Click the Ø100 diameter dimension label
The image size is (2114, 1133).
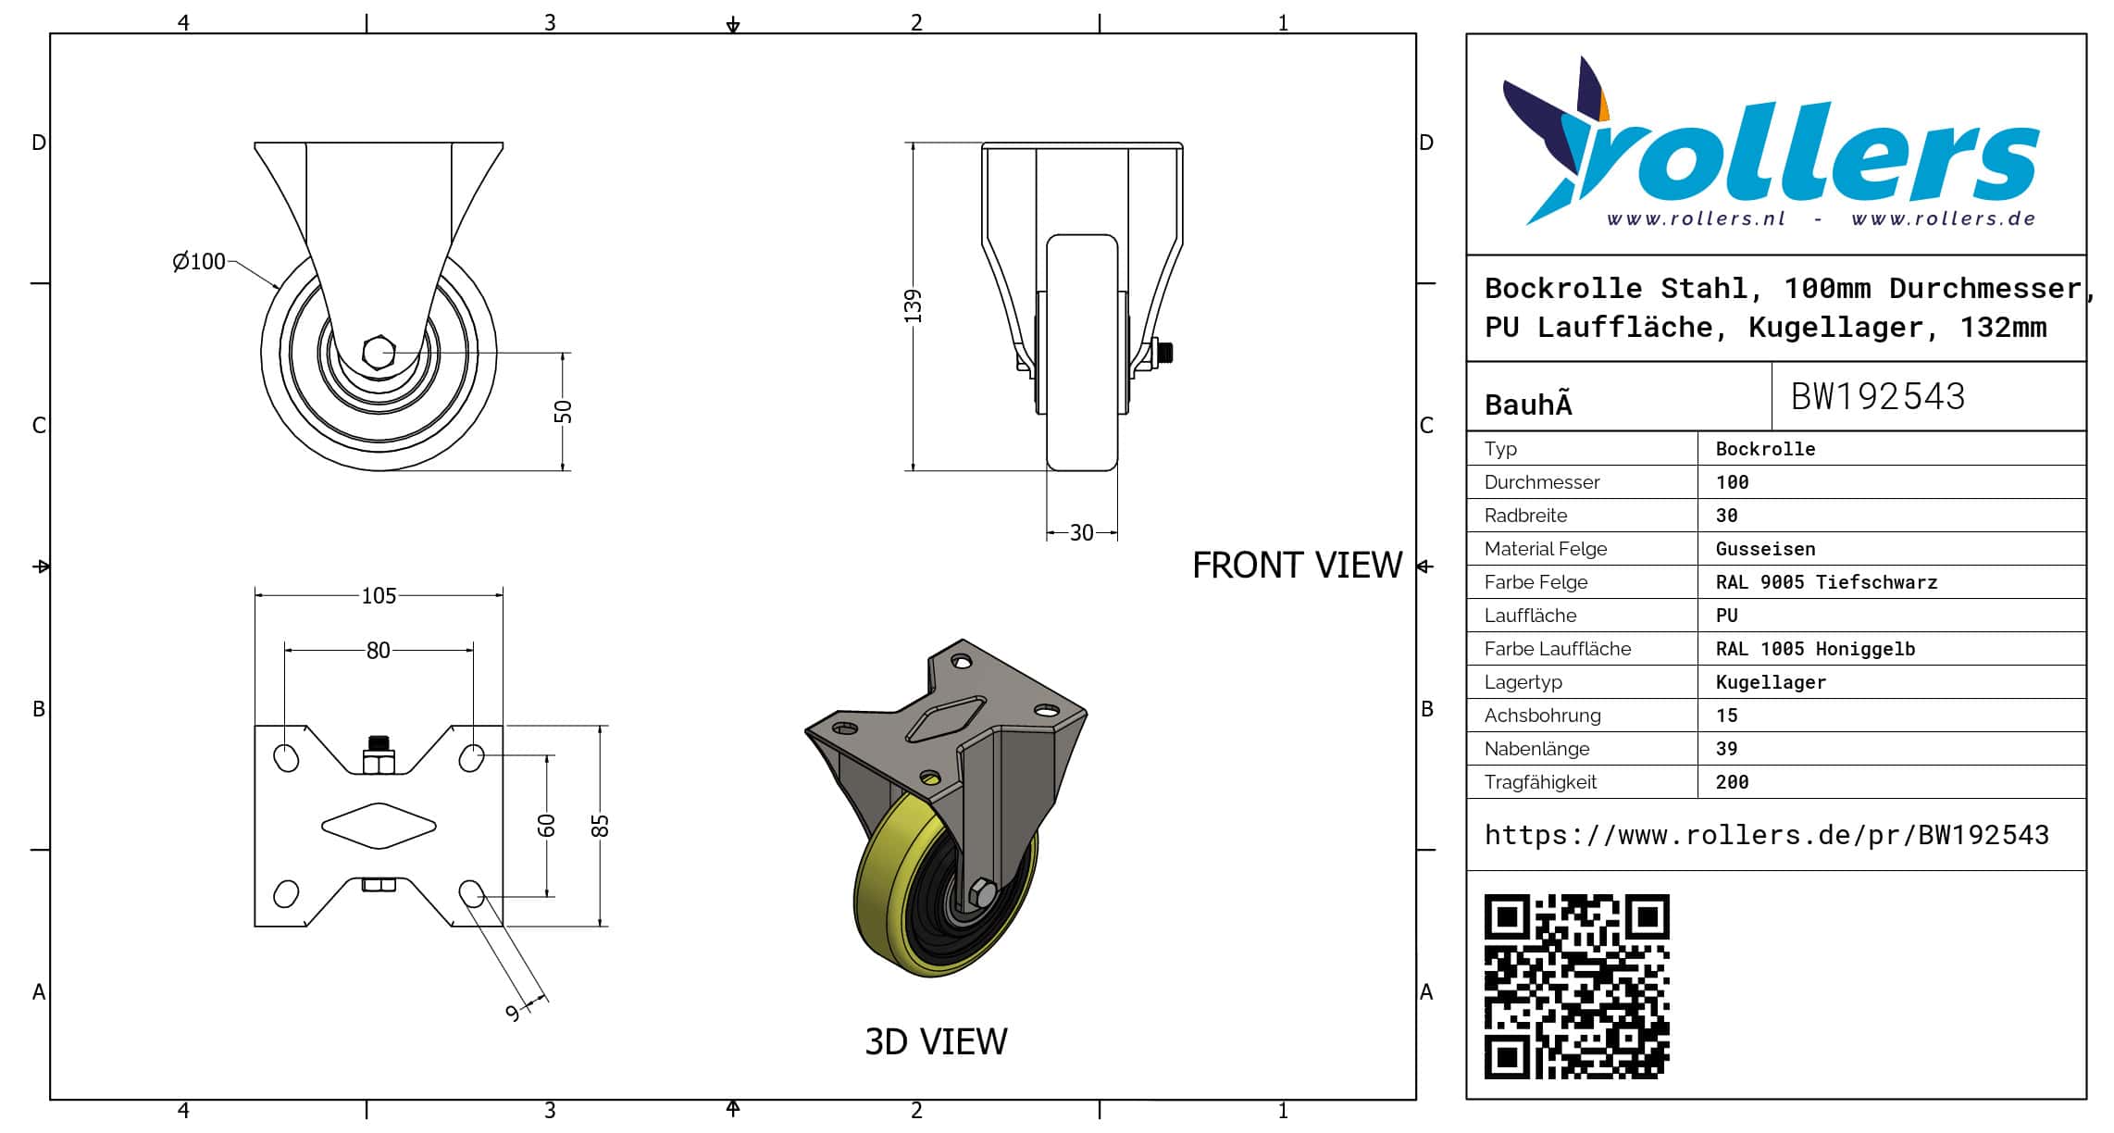(199, 262)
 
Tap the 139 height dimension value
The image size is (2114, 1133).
(914, 306)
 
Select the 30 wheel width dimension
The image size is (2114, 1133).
(1081, 533)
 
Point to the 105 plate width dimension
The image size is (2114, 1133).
(379, 596)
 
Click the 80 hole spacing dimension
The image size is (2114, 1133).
(378, 651)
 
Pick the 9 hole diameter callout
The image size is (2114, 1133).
(513, 1013)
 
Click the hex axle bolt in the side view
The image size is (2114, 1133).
(379, 353)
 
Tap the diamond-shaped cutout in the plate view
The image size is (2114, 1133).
(379, 826)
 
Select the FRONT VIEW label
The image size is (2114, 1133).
(1297, 566)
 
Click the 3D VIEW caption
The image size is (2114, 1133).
(936, 1042)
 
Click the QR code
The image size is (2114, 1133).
(1576, 986)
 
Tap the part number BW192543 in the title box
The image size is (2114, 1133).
(1877, 397)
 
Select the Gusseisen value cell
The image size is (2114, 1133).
(1765, 549)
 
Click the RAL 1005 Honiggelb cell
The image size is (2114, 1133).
(1815, 649)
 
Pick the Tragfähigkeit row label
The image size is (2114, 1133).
(1540, 782)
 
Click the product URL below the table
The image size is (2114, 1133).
(1766, 835)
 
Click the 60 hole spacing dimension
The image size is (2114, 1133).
(547, 825)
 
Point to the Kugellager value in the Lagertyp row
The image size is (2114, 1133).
(1771, 682)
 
